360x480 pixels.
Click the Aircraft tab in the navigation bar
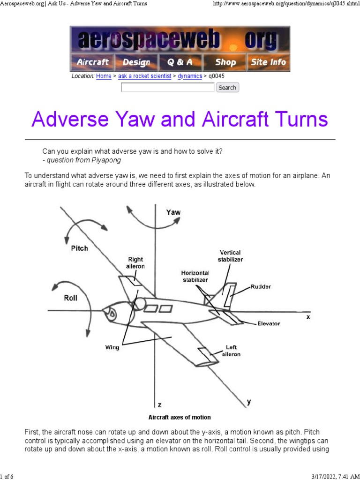click(92, 62)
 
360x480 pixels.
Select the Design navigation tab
click(136, 62)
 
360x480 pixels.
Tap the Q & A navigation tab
click(180, 62)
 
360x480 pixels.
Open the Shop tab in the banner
click(225, 62)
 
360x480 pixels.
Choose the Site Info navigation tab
click(268, 62)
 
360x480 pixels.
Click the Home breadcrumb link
click(104, 76)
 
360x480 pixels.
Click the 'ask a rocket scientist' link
click(144, 76)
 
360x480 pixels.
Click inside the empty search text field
click(167, 88)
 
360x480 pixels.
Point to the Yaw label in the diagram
click(173, 212)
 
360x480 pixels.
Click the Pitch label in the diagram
click(79, 248)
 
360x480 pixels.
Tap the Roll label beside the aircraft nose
click(71, 298)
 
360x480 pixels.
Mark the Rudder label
click(261, 287)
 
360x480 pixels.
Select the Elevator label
click(269, 323)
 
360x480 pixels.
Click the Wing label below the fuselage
click(112, 347)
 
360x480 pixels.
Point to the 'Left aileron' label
click(231, 351)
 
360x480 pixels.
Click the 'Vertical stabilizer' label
click(231, 255)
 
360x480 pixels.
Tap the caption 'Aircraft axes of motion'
click(180, 417)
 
